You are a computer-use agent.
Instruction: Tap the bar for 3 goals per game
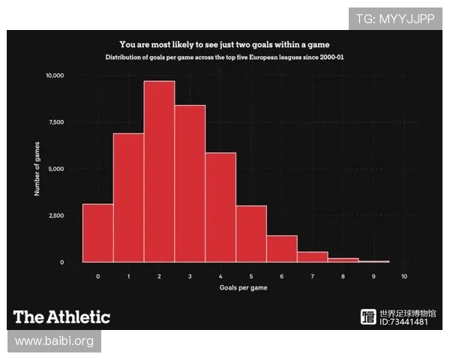pyautogui.click(x=190, y=184)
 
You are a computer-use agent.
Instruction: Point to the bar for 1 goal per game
pyautogui.click(x=128, y=197)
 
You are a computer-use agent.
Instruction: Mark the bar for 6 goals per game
pyautogui.click(x=282, y=248)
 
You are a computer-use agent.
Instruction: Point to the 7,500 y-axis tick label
pyautogui.click(x=57, y=122)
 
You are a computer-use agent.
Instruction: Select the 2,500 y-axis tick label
pyautogui.click(x=57, y=215)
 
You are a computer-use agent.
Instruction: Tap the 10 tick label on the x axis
pyautogui.click(x=404, y=277)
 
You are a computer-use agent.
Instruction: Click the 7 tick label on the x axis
pyautogui.click(x=312, y=277)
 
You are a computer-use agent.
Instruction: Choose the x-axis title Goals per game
pyautogui.click(x=243, y=288)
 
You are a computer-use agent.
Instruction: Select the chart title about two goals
pyautogui.click(x=225, y=44)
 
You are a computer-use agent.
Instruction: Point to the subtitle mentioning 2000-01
pyautogui.click(x=225, y=58)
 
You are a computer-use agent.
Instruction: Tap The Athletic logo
pyautogui.click(x=61, y=316)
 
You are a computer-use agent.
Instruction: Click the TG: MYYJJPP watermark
pyautogui.click(x=395, y=18)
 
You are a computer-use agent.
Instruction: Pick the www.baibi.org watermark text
pyautogui.click(x=54, y=341)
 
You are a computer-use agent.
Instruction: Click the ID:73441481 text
pyautogui.click(x=405, y=322)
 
